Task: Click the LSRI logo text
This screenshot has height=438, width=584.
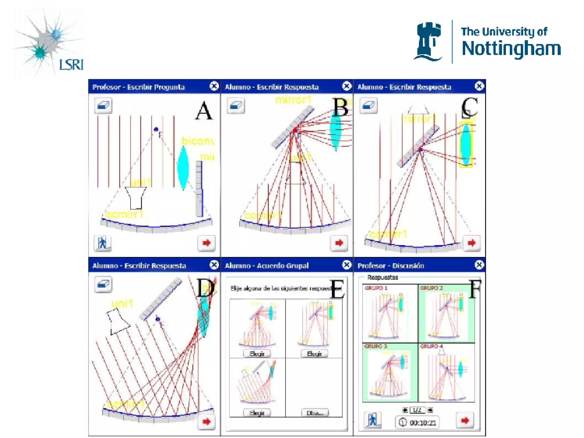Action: (71, 64)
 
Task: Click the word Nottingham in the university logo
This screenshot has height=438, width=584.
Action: (511, 48)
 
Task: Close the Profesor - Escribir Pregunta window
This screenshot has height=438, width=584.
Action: (214, 86)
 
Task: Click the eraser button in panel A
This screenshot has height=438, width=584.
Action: (103, 106)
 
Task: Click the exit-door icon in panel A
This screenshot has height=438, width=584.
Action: (102, 243)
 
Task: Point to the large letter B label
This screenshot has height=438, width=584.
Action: (340, 108)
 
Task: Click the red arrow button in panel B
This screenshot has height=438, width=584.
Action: (339, 243)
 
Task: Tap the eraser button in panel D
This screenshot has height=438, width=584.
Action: (103, 284)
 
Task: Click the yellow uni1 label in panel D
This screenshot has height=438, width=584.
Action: (122, 304)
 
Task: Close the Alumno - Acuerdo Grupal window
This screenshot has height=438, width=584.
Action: (346, 265)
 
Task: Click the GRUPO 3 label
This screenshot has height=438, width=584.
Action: (376, 346)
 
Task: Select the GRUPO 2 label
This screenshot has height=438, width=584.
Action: (431, 288)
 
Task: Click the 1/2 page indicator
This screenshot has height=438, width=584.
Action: (417, 410)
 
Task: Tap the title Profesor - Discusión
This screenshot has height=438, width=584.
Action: (391, 266)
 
